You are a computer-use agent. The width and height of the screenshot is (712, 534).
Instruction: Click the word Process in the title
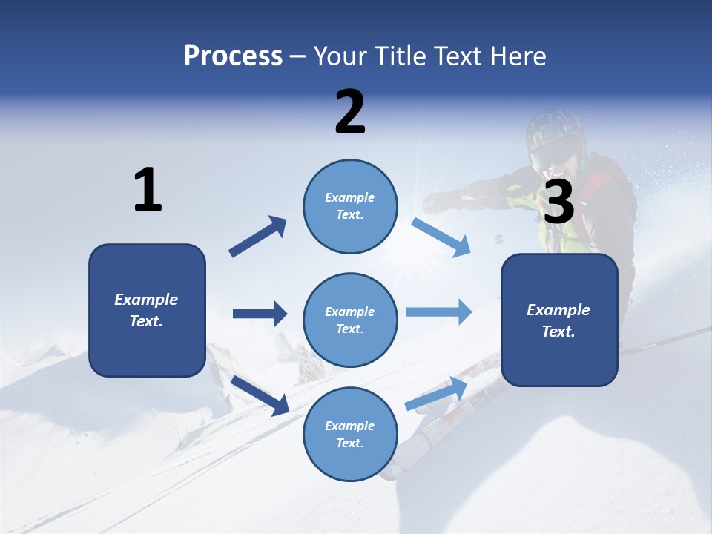[233, 56]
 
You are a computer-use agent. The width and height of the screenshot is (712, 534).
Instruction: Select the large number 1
[148, 190]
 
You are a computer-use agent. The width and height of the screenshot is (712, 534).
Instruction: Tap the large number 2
[350, 111]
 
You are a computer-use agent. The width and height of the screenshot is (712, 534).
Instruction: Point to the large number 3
[558, 202]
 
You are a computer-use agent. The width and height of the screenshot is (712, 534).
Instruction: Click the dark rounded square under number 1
[147, 310]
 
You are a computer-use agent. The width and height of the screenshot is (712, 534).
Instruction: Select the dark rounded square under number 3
[559, 320]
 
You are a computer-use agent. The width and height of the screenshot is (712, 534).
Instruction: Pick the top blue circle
[350, 205]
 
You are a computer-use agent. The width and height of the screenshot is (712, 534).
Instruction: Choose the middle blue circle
[350, 320]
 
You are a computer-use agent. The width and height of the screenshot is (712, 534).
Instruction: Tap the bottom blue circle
[350, 434]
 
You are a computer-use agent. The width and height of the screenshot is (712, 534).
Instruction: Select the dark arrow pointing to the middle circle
[260, 314]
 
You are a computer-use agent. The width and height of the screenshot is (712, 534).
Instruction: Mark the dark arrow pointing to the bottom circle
[260, 395]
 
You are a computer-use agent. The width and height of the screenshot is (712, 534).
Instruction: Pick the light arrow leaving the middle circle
[439, 312]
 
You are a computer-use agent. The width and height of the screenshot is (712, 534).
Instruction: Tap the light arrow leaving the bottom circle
[437, 393]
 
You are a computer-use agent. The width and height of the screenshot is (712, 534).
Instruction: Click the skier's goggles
[555, 154]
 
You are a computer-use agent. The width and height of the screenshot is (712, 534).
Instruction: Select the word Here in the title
[518, 56]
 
